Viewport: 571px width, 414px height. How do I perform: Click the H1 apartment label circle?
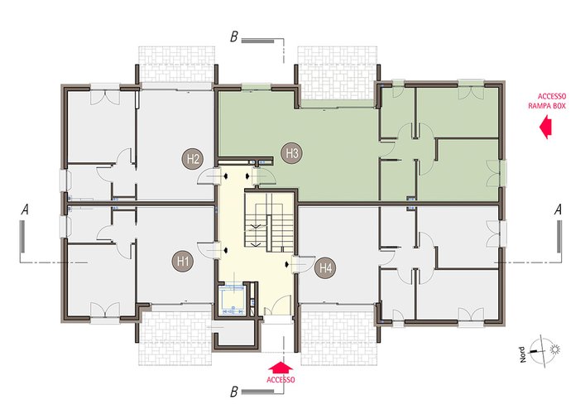click(182, 261)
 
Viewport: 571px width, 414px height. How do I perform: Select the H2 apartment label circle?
click(193, 159)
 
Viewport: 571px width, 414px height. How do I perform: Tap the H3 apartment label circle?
click(291, 152)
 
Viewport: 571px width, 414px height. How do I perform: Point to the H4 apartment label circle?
click(325, 268)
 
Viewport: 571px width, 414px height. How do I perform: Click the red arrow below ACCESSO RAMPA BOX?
click(546, 127)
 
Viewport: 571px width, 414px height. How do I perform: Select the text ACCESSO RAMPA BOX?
click(547, 101)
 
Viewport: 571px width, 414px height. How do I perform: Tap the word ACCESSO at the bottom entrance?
click(281, 380)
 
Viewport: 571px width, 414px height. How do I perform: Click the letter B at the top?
click(234, 37)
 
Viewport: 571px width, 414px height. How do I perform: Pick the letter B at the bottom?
click(234, 392)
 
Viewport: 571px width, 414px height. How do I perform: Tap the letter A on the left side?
click(25, 209)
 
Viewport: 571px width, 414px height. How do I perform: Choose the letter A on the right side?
click(558, 209)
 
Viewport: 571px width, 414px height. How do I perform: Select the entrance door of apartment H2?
click(209, 176)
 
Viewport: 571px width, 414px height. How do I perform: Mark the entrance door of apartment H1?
click(209, 250)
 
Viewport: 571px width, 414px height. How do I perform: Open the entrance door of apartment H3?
click(265, 176)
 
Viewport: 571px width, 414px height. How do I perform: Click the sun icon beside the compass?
click(554, 350)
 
